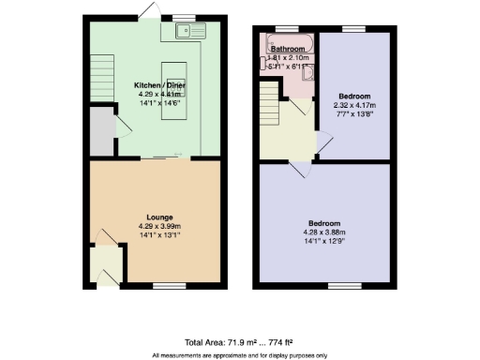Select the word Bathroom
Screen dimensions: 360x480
click(288, 48)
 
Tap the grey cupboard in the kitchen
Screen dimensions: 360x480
click(99, 130)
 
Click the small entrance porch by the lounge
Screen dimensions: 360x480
click(106, 262)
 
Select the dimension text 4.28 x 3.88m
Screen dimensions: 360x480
click(324, 232)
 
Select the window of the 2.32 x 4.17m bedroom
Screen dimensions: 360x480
click(352, 30)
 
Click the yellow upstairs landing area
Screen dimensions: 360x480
click(281, 141)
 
